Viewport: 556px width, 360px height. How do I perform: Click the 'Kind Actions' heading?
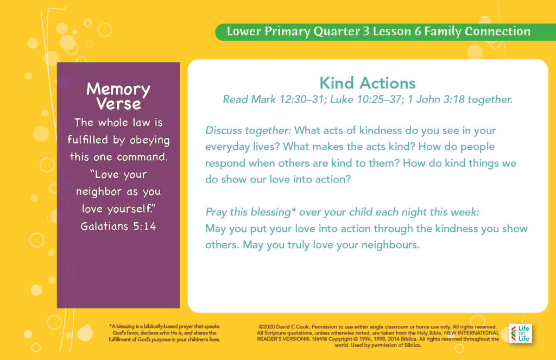click(x=368, y=84)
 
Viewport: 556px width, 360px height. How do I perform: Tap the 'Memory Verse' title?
click(x=118, y=96)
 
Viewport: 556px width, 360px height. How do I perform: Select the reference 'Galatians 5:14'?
click(x=118, y=226)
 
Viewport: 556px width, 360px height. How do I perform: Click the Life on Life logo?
click(x=520, y=333)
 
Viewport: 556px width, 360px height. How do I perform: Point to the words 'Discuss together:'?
click(x=248, y=130)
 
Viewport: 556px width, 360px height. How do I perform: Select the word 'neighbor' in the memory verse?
click(x=99, y=192)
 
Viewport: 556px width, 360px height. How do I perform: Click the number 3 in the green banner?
click(x=366, y=31)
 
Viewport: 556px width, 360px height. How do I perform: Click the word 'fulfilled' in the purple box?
click(x=87, y=140)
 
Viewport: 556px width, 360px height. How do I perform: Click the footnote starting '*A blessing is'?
click(x=165, y=333)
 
